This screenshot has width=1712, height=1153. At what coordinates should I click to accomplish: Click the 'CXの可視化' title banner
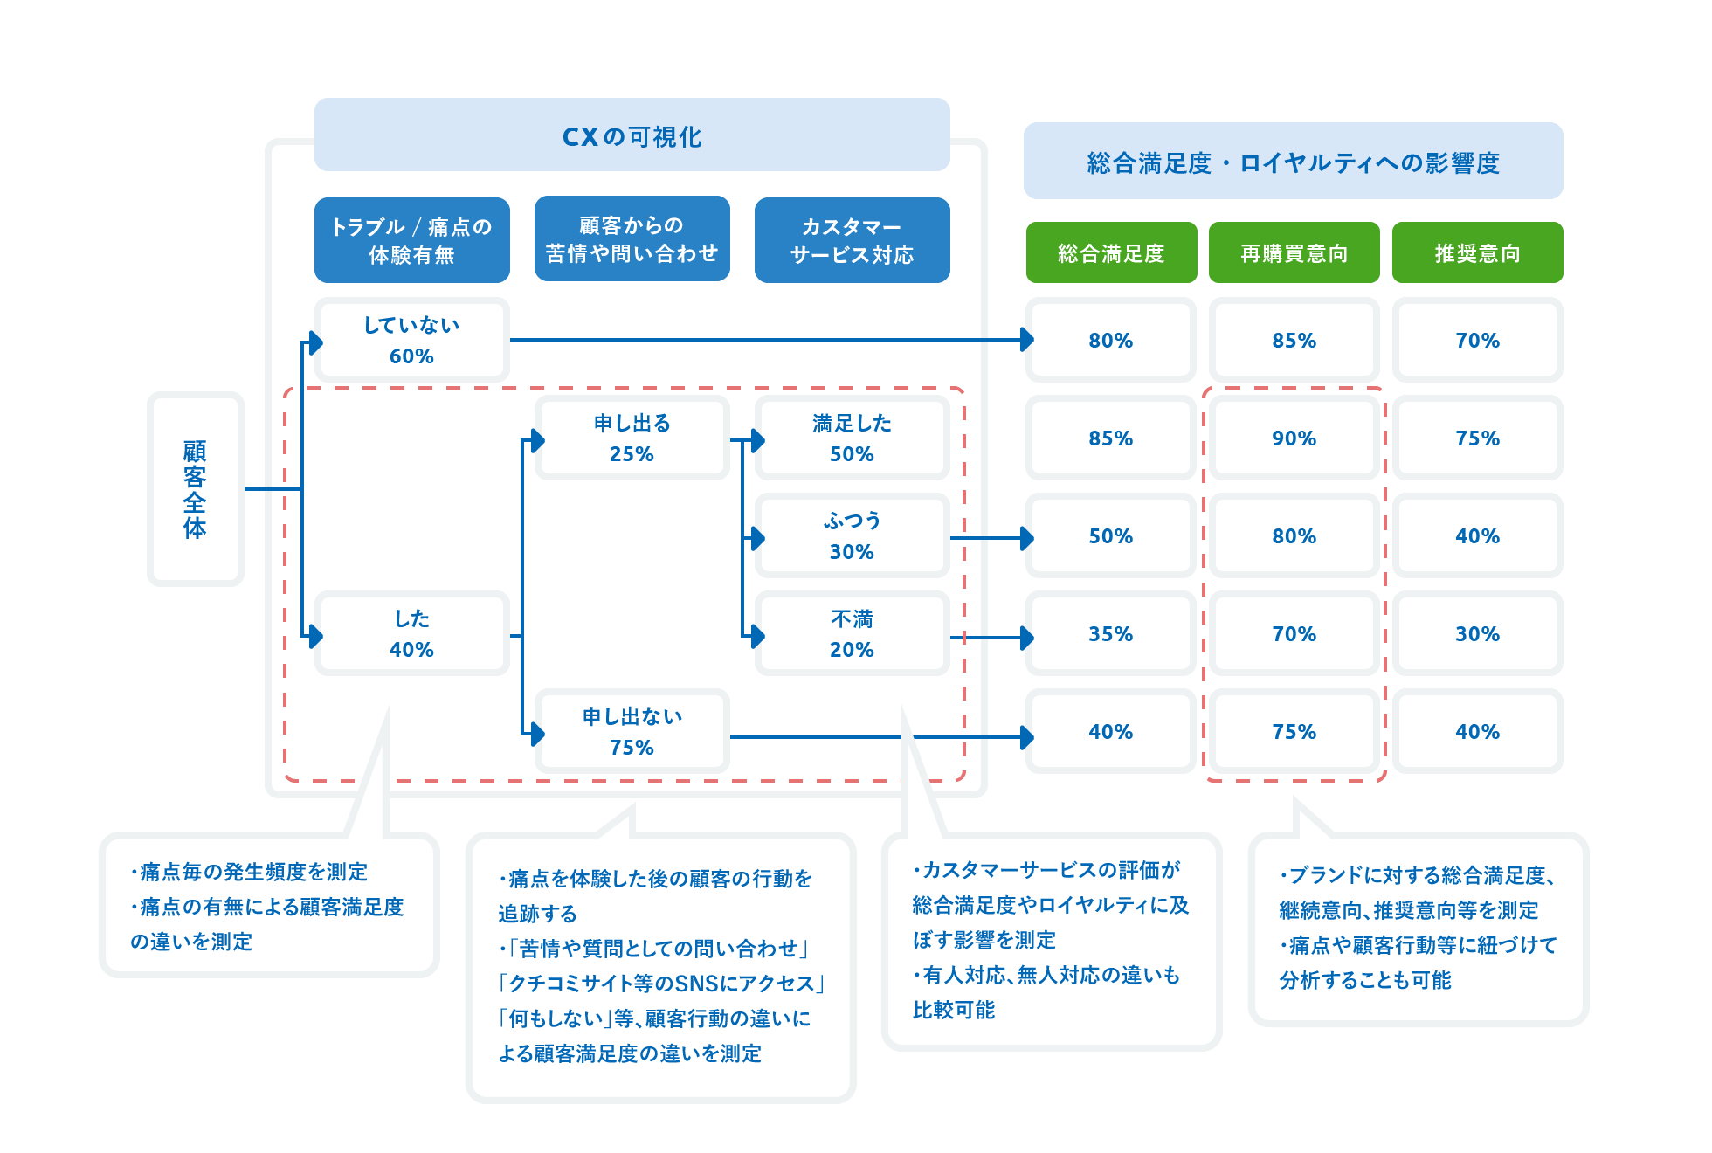pos(632,135)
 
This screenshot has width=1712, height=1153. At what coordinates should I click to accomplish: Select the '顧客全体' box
pos(195,489)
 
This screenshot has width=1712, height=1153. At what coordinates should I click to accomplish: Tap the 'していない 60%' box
pos(411,340)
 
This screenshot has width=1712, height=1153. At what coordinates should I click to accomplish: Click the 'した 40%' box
pos(411,633)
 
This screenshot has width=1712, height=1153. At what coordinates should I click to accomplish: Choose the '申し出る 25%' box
pos(632,438)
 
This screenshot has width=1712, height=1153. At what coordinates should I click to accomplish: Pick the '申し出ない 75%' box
pos(632,731)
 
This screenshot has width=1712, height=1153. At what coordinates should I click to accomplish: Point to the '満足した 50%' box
pos(852,438)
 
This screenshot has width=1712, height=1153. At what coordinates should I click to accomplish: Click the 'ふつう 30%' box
pos(852,535)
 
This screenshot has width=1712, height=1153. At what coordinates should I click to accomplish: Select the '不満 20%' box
pos(852,633)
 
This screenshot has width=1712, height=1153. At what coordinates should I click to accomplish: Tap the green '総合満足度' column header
pos(1111,252)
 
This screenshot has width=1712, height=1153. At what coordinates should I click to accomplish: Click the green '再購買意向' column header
pos(1294,252)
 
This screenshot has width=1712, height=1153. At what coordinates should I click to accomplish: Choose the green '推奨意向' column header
pos(1478,252)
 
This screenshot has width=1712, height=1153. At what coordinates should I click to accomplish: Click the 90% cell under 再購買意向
pos(1294,438)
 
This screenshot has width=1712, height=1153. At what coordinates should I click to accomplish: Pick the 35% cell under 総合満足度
pos(1111,633)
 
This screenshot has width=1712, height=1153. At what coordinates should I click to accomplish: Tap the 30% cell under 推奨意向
pos(1478,633)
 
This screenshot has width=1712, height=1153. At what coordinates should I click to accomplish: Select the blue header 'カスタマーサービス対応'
pos(852,240)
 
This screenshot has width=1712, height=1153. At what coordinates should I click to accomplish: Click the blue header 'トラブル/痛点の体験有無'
pos(411,240)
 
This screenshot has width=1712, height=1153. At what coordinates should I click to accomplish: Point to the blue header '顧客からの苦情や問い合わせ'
pos(632,238)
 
